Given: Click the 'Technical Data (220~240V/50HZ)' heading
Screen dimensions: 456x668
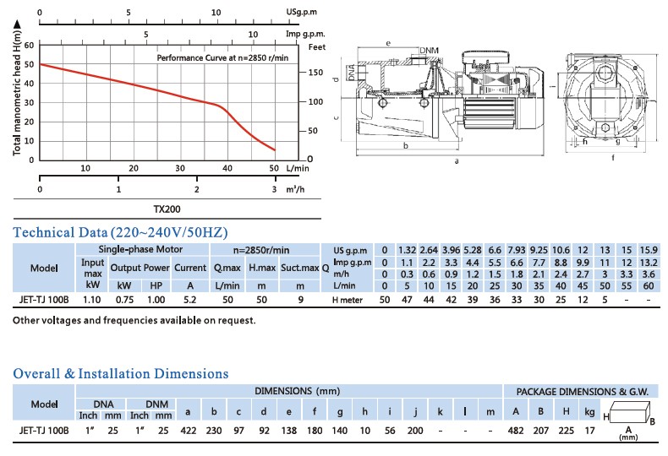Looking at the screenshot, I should [121, 232].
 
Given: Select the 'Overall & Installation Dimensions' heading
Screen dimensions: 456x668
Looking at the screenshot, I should [121, 373].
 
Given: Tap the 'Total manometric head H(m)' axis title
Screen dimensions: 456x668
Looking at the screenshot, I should [18, 100].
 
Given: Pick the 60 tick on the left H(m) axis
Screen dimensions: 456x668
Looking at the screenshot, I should [30, 45].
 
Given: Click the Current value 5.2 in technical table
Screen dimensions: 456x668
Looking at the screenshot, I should [189, 299].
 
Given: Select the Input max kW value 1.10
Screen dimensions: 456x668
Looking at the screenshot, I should [92, 299].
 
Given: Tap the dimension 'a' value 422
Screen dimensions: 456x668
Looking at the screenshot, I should [188, 430].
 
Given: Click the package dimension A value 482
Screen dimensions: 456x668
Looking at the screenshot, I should [515, 430].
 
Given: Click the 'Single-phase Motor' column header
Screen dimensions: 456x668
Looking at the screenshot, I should [140, 250].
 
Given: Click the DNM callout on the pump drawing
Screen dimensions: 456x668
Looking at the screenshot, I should [429, 50].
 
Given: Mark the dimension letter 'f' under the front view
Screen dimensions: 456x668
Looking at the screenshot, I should [612, 156].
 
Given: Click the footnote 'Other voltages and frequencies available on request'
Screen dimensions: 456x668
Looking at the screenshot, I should [134, 321].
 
